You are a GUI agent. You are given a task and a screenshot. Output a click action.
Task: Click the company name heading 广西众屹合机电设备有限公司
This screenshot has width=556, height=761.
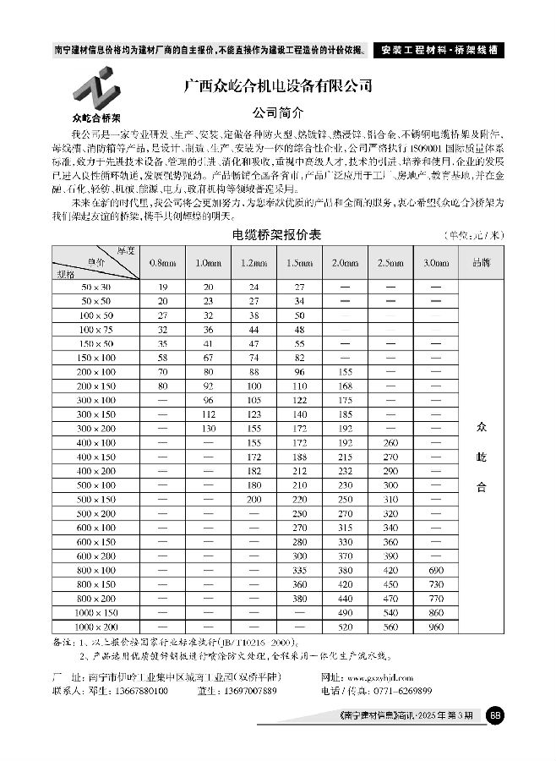click(x=279, y=86)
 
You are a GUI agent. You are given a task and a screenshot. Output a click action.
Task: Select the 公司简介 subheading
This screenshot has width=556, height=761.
click(x=278, y=112)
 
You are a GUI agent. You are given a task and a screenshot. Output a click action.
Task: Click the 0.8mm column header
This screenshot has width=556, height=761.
click(x=162, y=263)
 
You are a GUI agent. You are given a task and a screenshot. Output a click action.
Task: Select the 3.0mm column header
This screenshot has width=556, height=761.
click(x=436, y=263)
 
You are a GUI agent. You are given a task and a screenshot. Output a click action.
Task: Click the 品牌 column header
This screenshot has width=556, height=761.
click(x=482, y=263)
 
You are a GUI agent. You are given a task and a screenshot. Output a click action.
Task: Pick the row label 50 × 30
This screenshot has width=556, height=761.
click(x=96, y=287)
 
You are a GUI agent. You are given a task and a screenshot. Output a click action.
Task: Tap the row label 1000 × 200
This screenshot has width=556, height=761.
click(x=96, y=626)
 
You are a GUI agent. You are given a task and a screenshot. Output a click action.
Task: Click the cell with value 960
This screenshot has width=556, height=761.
click(x=436, y=626)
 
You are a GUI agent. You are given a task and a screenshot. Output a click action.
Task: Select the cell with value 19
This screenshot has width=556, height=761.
click(x=162, y=287)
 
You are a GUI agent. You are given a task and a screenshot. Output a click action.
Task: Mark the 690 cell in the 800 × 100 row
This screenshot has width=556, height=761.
click(x=436, y=572)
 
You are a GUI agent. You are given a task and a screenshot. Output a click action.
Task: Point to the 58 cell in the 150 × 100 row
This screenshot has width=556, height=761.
click(x=162, y=359)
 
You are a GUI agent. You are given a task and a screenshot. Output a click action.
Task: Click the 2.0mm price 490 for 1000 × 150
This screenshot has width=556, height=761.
click(x=345, y=611)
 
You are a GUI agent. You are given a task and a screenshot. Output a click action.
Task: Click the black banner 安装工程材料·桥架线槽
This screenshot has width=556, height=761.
click(x=438, y=50)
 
